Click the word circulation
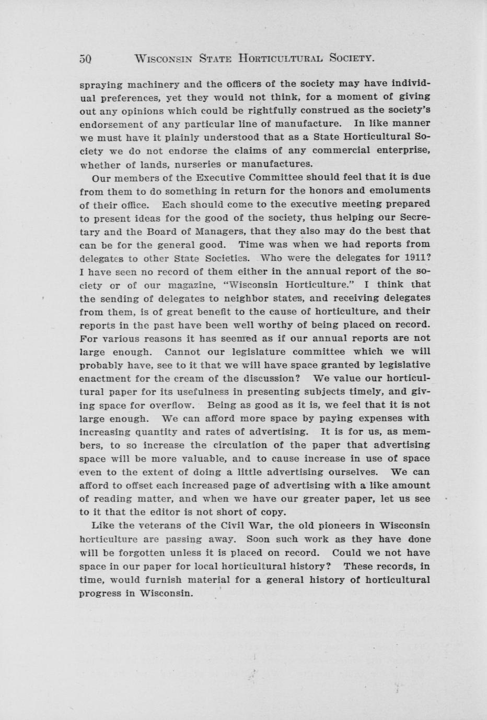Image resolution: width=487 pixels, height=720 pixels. point(247,446)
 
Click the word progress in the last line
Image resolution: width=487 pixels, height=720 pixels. point(99,593)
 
